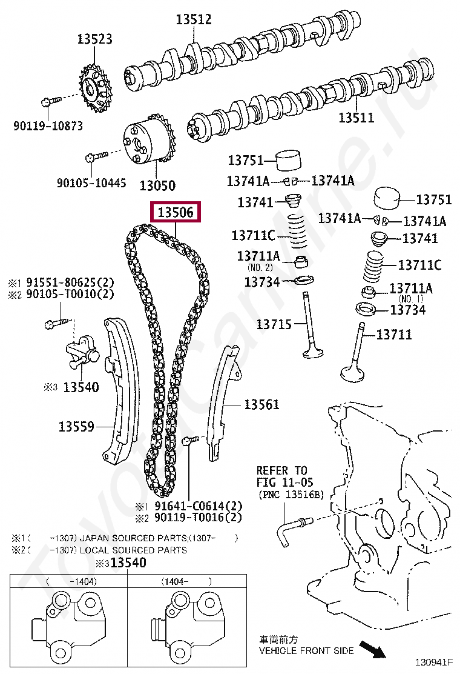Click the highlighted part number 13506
click(x=176, y=213)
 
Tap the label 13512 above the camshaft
click(x=194, y=19)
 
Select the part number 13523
click(x=94, y=39)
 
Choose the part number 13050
click(x=157, y=185)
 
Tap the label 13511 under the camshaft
click(x=356, y=118)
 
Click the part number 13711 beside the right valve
click(x=394, y=334)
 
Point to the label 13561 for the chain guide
click(x=261, y=404)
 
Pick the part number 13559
click(x=76, y=427)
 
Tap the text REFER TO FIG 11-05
click(x=281, y=476)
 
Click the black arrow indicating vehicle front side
click(x=372, y=650)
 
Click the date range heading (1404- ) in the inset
click(x=186, y=581)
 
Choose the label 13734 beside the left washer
click(x=262, y=282)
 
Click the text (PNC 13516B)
click(x=291, y=495)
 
